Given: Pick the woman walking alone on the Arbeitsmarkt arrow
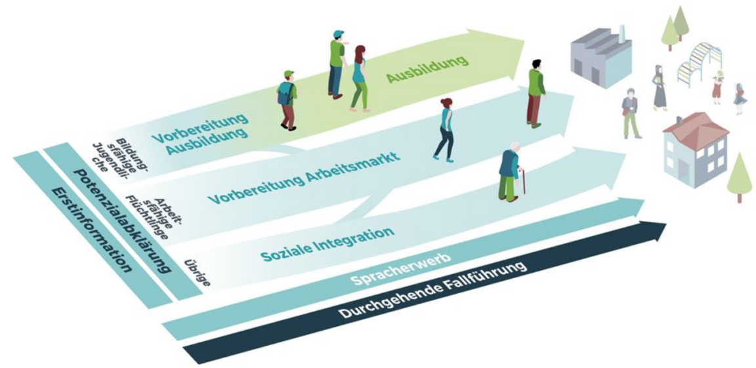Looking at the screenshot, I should pyautogui.click(x=444, y=130).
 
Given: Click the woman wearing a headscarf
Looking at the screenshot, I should pyautogui.click(x=659, y=88).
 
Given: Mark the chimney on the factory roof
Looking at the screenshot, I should pyautogui.click(x=619, y=33).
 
